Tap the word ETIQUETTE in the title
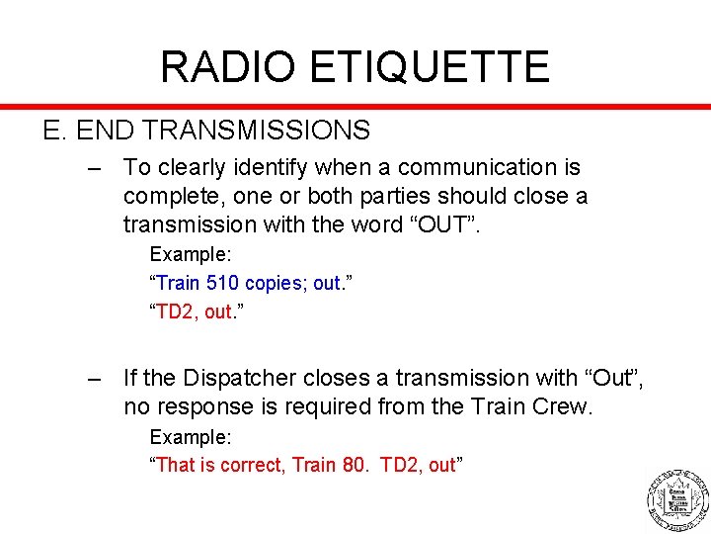pos(430,66)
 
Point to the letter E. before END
pos(52,130)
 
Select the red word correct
pos(253,465)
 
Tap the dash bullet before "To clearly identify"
pos(95,169)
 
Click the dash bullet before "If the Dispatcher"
pos(95,379)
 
